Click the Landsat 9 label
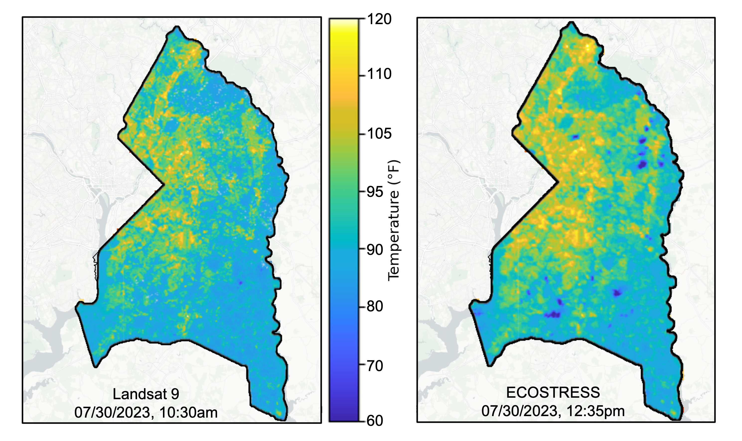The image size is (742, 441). [146, 394]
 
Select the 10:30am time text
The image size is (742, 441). [188, 412]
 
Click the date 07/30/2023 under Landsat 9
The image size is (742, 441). [114, 412]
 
